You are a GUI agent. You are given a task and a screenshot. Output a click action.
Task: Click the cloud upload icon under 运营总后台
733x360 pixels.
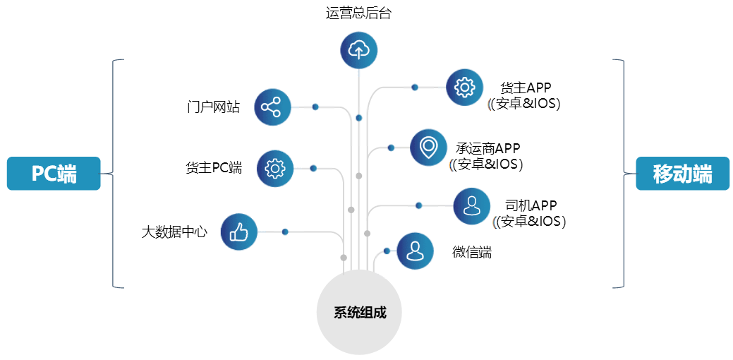(x=358, y=50)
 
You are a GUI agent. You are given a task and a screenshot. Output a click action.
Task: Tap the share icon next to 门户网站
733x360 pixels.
(x=272, y=107)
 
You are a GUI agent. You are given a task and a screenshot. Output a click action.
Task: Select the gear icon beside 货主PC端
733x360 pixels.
(x=275, y=168)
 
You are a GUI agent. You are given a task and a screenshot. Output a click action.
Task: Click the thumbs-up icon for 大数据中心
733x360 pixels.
(x=239, y=232)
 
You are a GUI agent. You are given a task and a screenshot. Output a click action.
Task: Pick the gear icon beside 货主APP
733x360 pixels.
(x=464, y=87)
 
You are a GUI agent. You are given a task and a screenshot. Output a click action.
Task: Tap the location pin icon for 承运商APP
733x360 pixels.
(x=428, y=148)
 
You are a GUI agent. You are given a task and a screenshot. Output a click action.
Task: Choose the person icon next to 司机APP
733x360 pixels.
(x=472, y=205)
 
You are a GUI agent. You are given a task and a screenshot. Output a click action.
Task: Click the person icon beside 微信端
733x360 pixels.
(x=415, y=251)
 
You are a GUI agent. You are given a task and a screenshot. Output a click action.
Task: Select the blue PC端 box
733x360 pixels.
(x=54, y=174)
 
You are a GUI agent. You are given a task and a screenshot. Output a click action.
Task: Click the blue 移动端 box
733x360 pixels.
(x=682, y=174)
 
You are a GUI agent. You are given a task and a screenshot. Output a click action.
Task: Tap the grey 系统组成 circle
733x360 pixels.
(x=359, y=312)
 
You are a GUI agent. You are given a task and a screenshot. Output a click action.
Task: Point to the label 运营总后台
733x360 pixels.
(x=358, y=13)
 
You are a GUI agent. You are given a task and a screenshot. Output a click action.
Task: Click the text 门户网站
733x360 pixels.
(x=213, y=107)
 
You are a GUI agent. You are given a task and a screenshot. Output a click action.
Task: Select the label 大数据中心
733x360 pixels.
(x=174, y=232)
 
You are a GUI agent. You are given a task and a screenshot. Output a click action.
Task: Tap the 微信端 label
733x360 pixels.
(x=472, y=253)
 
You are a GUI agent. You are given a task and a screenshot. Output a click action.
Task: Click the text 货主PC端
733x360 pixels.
(x=214, y=167)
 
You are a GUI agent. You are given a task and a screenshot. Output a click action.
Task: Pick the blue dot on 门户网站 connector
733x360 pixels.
(x=315, y=107)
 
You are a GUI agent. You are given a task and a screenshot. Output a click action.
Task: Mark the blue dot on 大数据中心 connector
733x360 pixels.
(x=285, y=232)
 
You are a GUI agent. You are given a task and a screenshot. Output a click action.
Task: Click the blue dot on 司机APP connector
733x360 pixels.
(x=419, y=205)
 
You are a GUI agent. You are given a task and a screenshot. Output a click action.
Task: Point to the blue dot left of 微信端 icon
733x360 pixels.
(x=387, y=251)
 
